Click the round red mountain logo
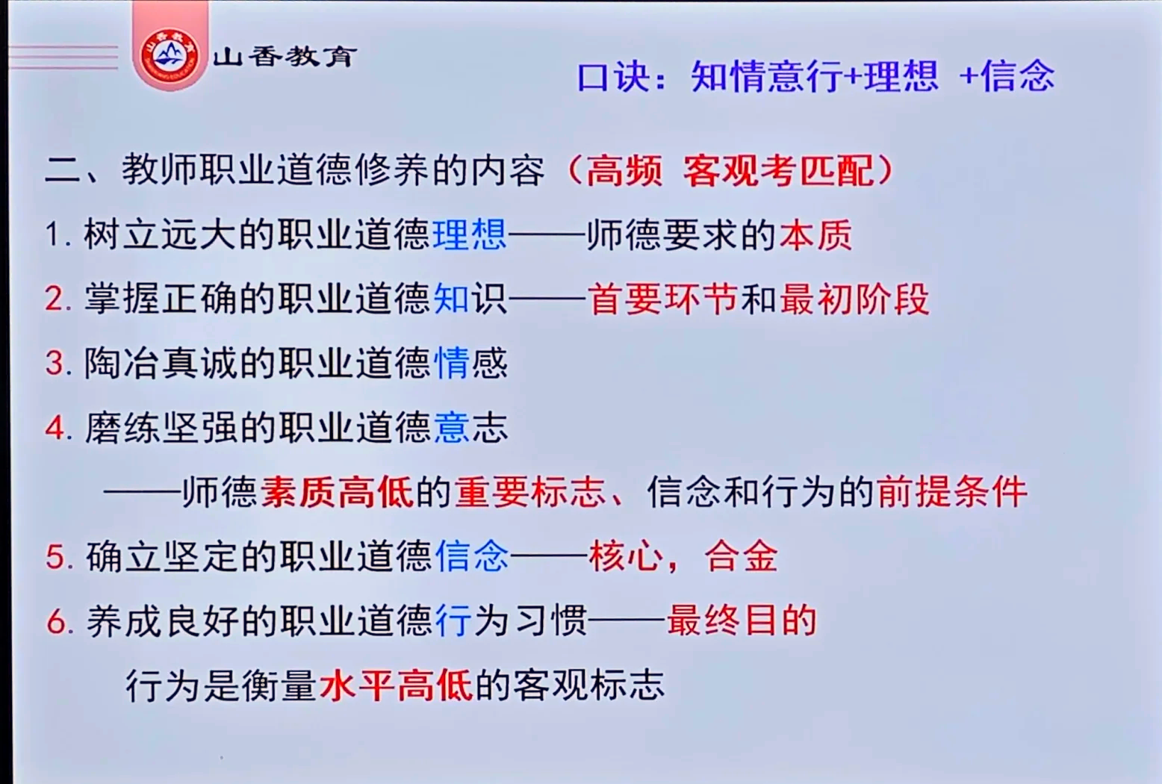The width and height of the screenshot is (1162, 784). tap(170, 55)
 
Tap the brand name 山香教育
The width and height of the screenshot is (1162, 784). tap(284, 56)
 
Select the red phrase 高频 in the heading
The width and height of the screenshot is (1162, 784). tap(624, 171)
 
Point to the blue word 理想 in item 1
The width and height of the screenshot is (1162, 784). tap(470, 234)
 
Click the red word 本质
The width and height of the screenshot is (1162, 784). tap(815, 235)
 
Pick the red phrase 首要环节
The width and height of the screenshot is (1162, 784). tap(663, 299)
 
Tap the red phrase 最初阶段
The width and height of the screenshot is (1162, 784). tap(854, 299)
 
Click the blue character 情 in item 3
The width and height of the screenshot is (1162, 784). tap(452, 364)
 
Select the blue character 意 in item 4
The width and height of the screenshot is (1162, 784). tap(452, 428)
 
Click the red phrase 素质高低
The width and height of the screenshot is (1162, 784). tap(337, 492)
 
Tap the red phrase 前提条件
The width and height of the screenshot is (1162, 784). tap(952, 492)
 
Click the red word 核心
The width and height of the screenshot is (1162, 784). tap(626, 556)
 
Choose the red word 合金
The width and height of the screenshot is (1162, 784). tap(741, 556)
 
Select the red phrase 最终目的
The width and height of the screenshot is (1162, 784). tap(742, 620)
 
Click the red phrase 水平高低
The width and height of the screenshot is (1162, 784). tap(396, 685)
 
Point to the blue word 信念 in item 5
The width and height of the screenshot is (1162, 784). tap(471, 556)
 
